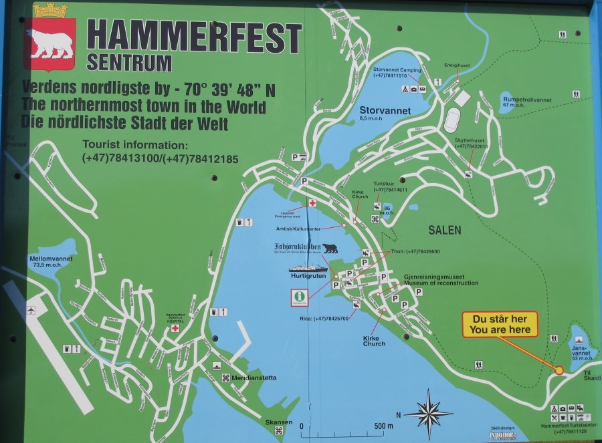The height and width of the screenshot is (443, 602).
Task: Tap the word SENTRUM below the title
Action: (129, 63)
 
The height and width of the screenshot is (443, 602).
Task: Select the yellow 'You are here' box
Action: (500, 324)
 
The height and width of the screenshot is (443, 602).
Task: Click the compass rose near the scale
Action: (428, 414)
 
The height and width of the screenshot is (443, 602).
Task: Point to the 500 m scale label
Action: (383, 426)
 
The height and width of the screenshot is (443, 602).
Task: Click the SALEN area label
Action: (445, 230)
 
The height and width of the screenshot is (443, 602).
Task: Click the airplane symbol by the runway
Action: (31, 310)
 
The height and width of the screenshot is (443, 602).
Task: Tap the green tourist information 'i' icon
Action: (299, 296)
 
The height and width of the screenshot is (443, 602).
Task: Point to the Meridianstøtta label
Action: (253, 378)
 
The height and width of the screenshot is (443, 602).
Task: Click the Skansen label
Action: (278, 422)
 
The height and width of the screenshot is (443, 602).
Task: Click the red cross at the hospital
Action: (175, 328)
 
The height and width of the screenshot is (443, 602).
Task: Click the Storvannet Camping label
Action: (397, 70)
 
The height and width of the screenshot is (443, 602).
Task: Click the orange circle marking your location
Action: (559, 370)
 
